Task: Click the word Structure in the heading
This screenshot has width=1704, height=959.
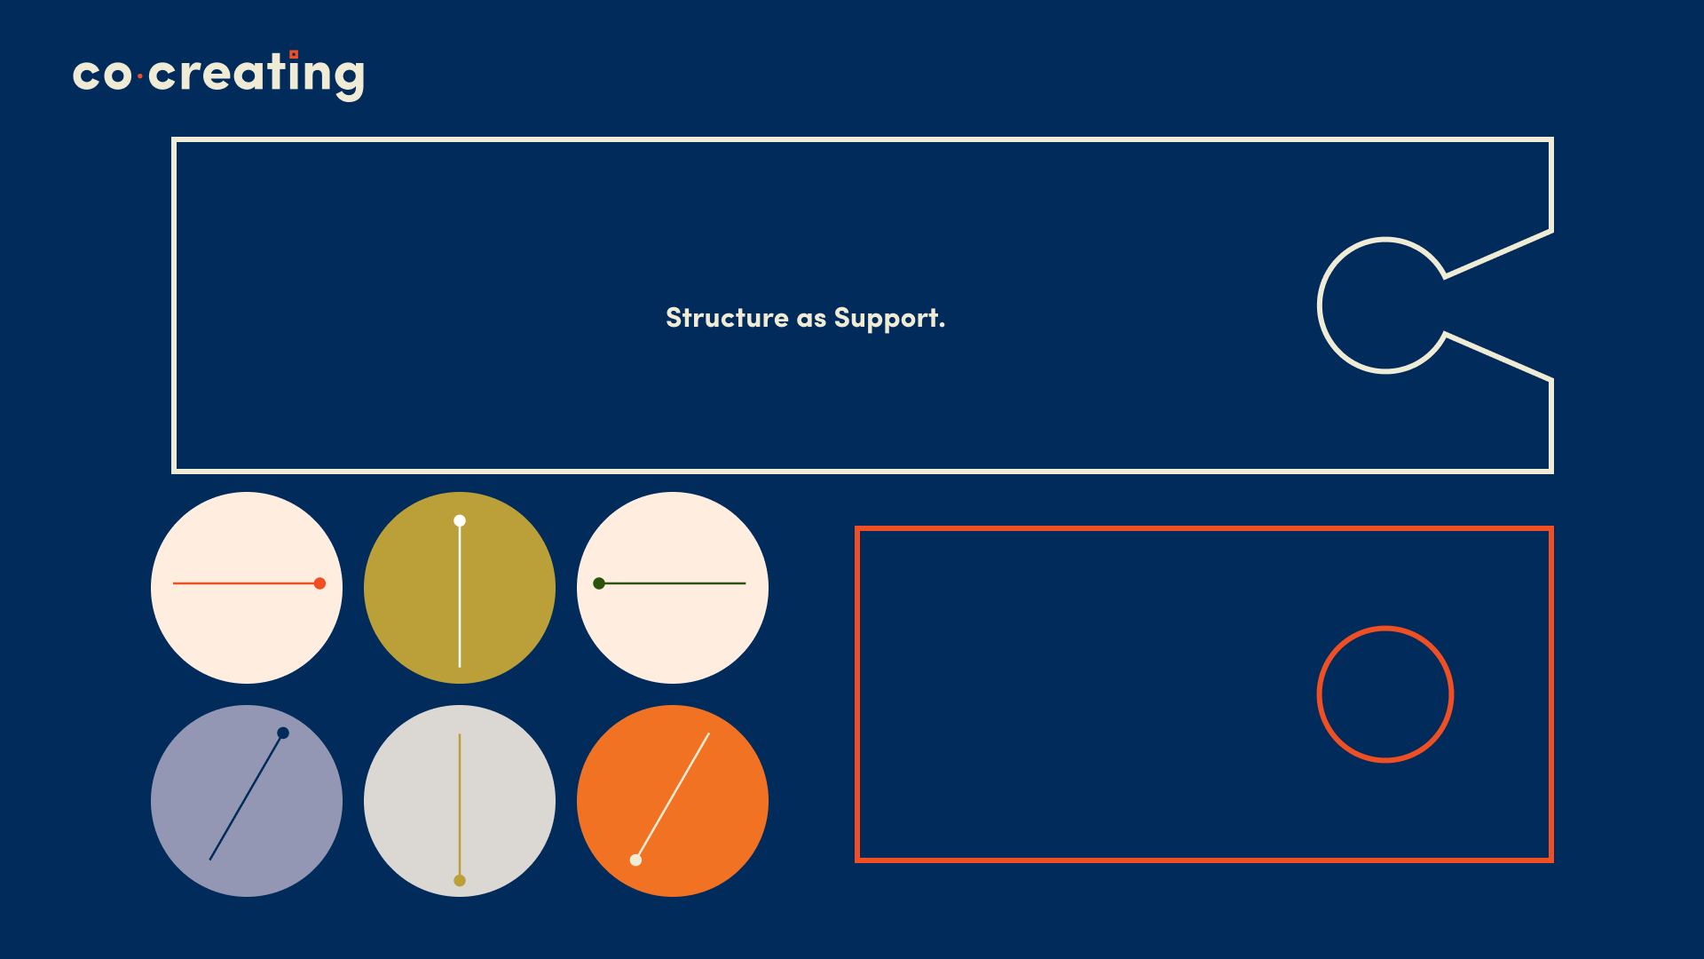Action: pos(727,318)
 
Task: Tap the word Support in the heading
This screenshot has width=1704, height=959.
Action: pos(889,319)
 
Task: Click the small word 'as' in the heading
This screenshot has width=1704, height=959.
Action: pos(811,320)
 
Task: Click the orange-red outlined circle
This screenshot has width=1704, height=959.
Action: pos(1318,694)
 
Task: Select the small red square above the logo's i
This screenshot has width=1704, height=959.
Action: pos(294,54)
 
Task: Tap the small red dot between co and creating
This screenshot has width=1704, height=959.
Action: pos(140,77)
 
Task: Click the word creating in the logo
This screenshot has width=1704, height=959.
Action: pos(256,75)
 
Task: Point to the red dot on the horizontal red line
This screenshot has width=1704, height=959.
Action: pos(319,583)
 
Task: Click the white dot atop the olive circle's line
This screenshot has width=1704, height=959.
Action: pos(460,521)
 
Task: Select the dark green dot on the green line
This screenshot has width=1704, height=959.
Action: pos(599,583)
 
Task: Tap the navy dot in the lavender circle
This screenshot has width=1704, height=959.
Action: pos(283,733)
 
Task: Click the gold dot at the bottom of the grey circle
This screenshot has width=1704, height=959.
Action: pos(460,881)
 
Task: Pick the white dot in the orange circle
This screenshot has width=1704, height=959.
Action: pos(635,860)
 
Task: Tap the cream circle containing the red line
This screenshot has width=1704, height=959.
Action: pos(247,630)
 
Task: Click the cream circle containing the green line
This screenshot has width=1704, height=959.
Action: pos(673,630)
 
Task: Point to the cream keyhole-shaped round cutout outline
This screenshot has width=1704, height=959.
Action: pos(1320,305)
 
